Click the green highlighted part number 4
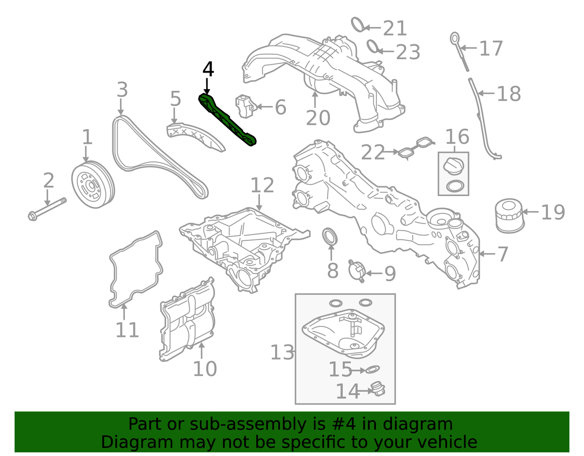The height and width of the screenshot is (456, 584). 227,120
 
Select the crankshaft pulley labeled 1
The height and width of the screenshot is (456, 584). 93,185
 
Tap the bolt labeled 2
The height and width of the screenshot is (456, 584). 47,208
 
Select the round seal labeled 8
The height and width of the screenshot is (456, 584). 330,237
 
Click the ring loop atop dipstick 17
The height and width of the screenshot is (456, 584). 455,39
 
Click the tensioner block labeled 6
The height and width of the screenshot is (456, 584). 245,106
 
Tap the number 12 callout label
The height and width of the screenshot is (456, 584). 262,186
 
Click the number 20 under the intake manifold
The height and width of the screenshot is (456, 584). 318,118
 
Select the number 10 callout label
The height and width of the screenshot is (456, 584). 205,369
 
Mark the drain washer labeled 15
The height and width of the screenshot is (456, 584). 372,369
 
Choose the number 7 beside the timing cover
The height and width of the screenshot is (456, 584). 502,254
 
